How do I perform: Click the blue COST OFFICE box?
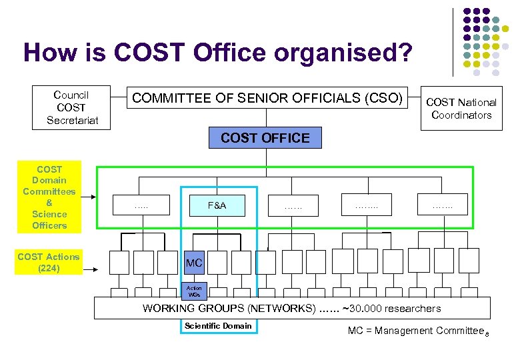click(x=265, y=138)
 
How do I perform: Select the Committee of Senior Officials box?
click(x=267, y=99)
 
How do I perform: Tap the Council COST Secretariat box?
click(x=71, y=107)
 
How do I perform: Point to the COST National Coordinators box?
click(x=461, y=109)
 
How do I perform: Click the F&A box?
click(x=217, y=205)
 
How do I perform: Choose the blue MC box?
click(x=194, y=263)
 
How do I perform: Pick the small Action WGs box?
click(x=194, y=291)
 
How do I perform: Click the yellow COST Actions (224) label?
click(x=49, y=263)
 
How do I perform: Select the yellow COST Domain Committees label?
click(x=49, y=197)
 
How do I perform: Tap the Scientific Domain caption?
click(x=218, y=326)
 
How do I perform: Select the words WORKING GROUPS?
click(x=193, y=308)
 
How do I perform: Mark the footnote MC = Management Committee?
click(x=415, y=331)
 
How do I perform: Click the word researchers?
click(x=415, y=308)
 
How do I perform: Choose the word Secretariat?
click(x=71, y=120)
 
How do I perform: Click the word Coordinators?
click(x=461, y=115)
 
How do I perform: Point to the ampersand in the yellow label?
click(x=49, y=203)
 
